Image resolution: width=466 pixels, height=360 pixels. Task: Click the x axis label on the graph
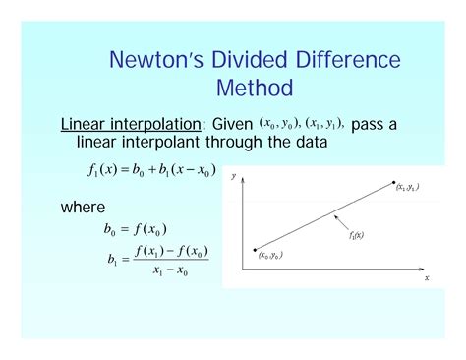(427, 278)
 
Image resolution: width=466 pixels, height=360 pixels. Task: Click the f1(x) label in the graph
(357, 236)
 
